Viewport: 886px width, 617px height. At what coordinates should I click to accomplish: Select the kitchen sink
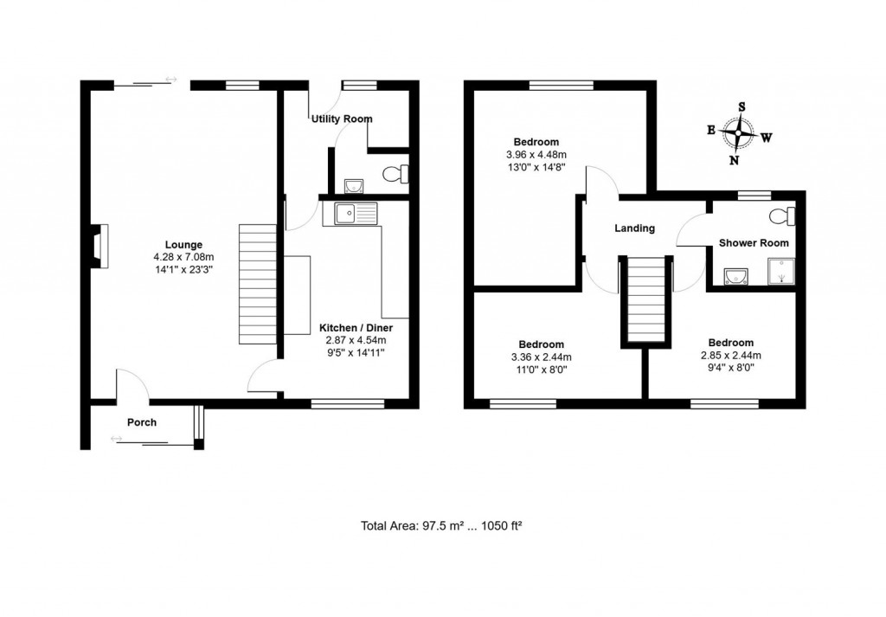pos(351,213)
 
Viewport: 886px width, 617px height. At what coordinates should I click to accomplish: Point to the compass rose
pos(738,134)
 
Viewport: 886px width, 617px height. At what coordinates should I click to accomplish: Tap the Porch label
pos(142,422)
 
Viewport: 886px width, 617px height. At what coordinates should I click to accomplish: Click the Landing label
pos(634,228)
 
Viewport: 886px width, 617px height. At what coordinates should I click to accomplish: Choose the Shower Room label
pos(754,243)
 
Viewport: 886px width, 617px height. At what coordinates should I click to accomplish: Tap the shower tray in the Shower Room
pos(778,275)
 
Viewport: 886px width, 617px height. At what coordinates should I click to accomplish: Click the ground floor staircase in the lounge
pos(258,283)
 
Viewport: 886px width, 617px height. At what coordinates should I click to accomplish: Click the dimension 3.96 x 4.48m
pos(536,155)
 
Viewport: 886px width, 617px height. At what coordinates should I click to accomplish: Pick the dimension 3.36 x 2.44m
pos(542,356)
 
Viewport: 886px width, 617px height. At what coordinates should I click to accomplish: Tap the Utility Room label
pos(343,119)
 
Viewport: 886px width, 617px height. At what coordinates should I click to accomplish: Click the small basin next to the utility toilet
pos(352,185)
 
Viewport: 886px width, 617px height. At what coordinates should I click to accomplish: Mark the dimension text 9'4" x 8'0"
pos(730,368)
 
